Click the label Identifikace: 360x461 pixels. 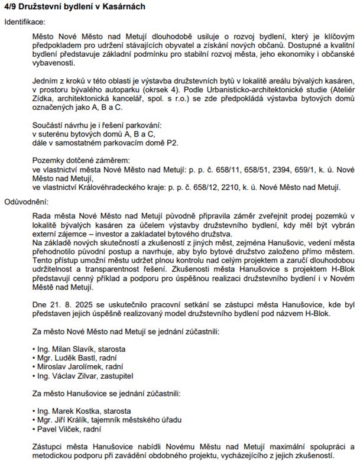(x=25, y=21)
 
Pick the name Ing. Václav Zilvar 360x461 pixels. (x=67, y=375)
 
